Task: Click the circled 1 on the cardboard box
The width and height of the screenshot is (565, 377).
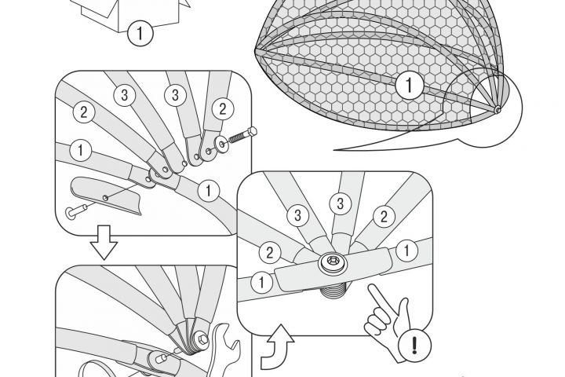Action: coord(140,33)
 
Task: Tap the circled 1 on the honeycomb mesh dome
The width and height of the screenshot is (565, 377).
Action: coord(410,85)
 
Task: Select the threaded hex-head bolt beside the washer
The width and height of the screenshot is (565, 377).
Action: coord(242,136)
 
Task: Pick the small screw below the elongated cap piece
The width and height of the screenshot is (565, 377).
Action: coord(76,211)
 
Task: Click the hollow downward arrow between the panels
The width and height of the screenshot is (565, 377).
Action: coord(104,243)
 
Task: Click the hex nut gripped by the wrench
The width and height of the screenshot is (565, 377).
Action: coord(202,339)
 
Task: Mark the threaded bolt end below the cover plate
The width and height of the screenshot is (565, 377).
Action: coord(334,288)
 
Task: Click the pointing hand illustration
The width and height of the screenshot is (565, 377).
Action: coord(388,321)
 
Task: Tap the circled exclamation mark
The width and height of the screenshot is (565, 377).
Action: coord(414,345)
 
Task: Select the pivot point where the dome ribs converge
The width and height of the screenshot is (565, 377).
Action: coord(498,109)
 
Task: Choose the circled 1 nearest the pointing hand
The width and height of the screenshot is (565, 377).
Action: coord(406,251)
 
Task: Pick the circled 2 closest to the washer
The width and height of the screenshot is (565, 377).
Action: coord(223,108)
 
